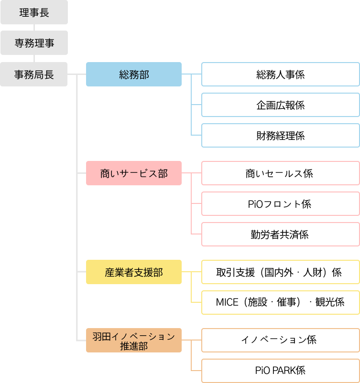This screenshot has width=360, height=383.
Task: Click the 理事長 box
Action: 34,12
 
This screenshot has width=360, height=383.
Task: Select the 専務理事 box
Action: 34,43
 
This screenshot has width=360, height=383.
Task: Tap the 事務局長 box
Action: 34,74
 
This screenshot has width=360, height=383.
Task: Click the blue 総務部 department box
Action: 134,74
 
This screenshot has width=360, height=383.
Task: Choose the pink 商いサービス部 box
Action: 134,173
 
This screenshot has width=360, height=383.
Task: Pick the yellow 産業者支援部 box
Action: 134,272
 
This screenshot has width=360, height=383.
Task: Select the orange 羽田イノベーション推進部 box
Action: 134,340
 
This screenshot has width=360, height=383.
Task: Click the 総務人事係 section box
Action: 280,74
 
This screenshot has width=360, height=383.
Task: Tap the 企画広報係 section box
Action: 280,105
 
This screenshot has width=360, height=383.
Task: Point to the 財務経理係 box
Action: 280,136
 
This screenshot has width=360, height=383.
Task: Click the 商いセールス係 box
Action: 280,173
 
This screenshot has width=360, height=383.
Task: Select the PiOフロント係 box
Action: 280,204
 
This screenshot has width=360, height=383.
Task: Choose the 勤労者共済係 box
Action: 280,234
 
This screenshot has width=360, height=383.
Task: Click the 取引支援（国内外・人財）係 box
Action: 280,272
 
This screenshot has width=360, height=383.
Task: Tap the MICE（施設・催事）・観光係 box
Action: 280,302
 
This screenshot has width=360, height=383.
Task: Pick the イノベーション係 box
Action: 280,340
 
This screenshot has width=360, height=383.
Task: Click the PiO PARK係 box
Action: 280,371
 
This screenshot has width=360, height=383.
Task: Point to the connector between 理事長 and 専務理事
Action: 34,27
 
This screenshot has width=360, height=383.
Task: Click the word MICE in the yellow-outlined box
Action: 227,302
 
